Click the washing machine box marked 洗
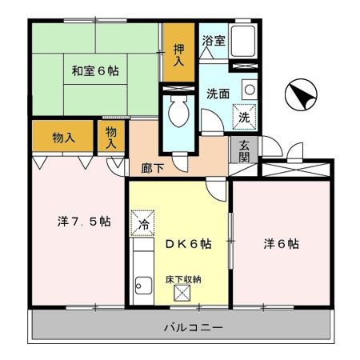(244, 116)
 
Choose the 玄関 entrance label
(244, 150)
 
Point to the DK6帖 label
(188, 243)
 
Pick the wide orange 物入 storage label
(64, 137)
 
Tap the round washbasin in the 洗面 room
(250, 90)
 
